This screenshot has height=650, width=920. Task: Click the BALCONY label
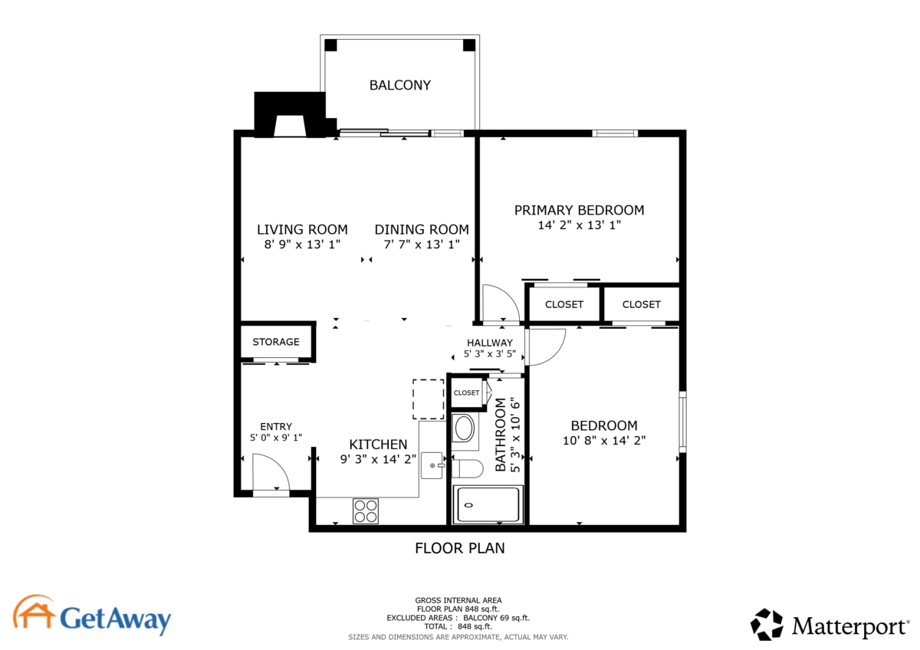[x=399, y=85]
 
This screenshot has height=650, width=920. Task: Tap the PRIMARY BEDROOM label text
[x=579, y=210]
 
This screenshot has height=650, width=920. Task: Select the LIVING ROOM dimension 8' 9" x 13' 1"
[x=302, y=245]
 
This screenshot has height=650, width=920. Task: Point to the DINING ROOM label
[x=422, y=229]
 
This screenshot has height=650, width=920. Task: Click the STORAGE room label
[x=276, y=342]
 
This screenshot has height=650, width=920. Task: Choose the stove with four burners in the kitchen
[x=366, y=510]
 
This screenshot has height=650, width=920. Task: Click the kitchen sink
[x=433, y=465]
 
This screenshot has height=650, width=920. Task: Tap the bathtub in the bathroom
[x=488, y=504]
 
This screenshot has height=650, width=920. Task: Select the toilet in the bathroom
[x=465, y=468]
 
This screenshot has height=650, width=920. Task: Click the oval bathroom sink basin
[x=463, y=429]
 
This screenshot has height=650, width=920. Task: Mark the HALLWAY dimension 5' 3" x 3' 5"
[x=490, y=355]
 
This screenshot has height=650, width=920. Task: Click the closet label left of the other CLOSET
[x=564, y=304]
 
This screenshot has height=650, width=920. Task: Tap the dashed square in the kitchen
[x=429, y=399]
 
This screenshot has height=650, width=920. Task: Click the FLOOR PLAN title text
[x=459, y=548]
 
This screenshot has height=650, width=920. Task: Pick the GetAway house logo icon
[x=34, y=613]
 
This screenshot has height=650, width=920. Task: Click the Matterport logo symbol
[x=767, y=625]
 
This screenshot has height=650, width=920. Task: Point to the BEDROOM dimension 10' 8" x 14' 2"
[x=603, y=441]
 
